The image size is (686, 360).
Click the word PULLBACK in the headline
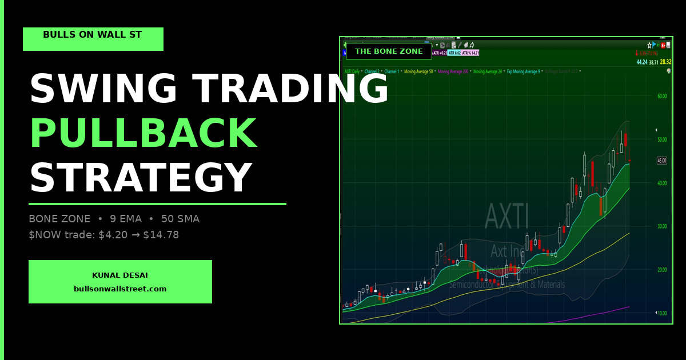pyautogui.click(x=143, y=134)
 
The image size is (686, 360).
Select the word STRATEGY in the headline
pyautogui.click(x=141, y=178)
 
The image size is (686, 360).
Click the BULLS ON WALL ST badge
pyautogui.click(x=93, y=35)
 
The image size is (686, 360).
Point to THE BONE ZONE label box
pyautogui.click(x=389, y=51)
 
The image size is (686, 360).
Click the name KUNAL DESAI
pyautogui.click(x=120, y=275)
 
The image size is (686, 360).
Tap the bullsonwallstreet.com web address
pyautogui.click(x=120, y=289)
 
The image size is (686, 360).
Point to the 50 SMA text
pyautogui.click(x=181, y=219)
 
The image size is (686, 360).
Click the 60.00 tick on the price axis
pyautogui.click(x=662, y=96)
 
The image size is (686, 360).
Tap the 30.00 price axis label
pyautogui.click(x=662, y=226)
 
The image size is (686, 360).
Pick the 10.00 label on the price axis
pyautogui.click(x=662, y=313)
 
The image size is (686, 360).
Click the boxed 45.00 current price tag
pyautogui.click(x=662, y=161)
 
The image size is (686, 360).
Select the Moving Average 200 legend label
pyautogui.click(x=453, y=71)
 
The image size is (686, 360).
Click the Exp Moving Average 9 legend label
pyautogui.click(x=523, y=71)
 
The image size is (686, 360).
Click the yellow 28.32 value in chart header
pyautogui.click(x=665, y=62)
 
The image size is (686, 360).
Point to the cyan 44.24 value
pyautogui.click(x=642, y=62)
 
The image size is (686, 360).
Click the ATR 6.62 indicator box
pyautogui.click(x=454, y=53)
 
